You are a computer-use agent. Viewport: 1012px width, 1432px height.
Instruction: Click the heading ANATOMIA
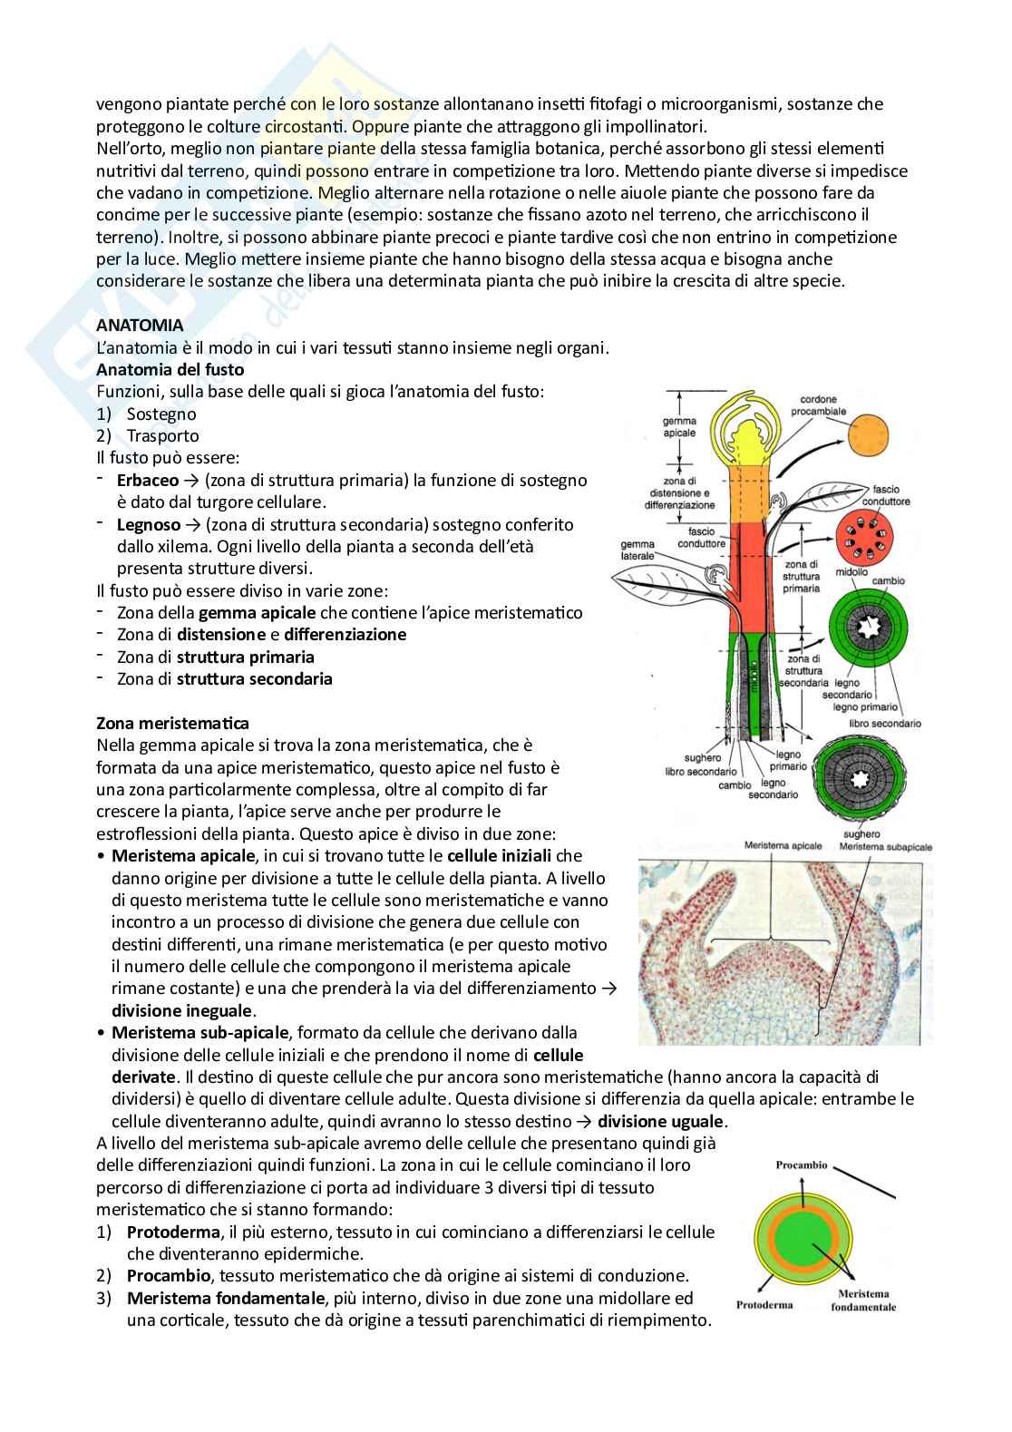(x=140, y=325)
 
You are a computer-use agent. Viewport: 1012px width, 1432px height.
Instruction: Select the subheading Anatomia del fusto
(x=170, y=369)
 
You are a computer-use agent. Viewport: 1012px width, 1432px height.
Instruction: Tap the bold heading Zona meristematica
(x=172, y=723)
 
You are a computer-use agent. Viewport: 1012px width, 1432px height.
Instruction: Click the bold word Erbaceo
(x=148, y=480)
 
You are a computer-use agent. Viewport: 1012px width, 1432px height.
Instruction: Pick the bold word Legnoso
(x=149, y=524)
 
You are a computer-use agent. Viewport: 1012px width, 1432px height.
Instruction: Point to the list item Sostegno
(x=161, y=414)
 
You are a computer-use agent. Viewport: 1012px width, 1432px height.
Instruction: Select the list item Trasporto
(x=162, y=435)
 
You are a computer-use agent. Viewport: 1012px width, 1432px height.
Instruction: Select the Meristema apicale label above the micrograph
(x=783, y=846)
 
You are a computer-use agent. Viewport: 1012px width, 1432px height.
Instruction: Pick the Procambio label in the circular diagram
(x=801, y=1165)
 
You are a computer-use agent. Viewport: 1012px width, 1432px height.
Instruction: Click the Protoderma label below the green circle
(x=764, y=1304)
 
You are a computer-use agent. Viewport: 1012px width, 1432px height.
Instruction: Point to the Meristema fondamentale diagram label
(x=862, y=1300)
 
